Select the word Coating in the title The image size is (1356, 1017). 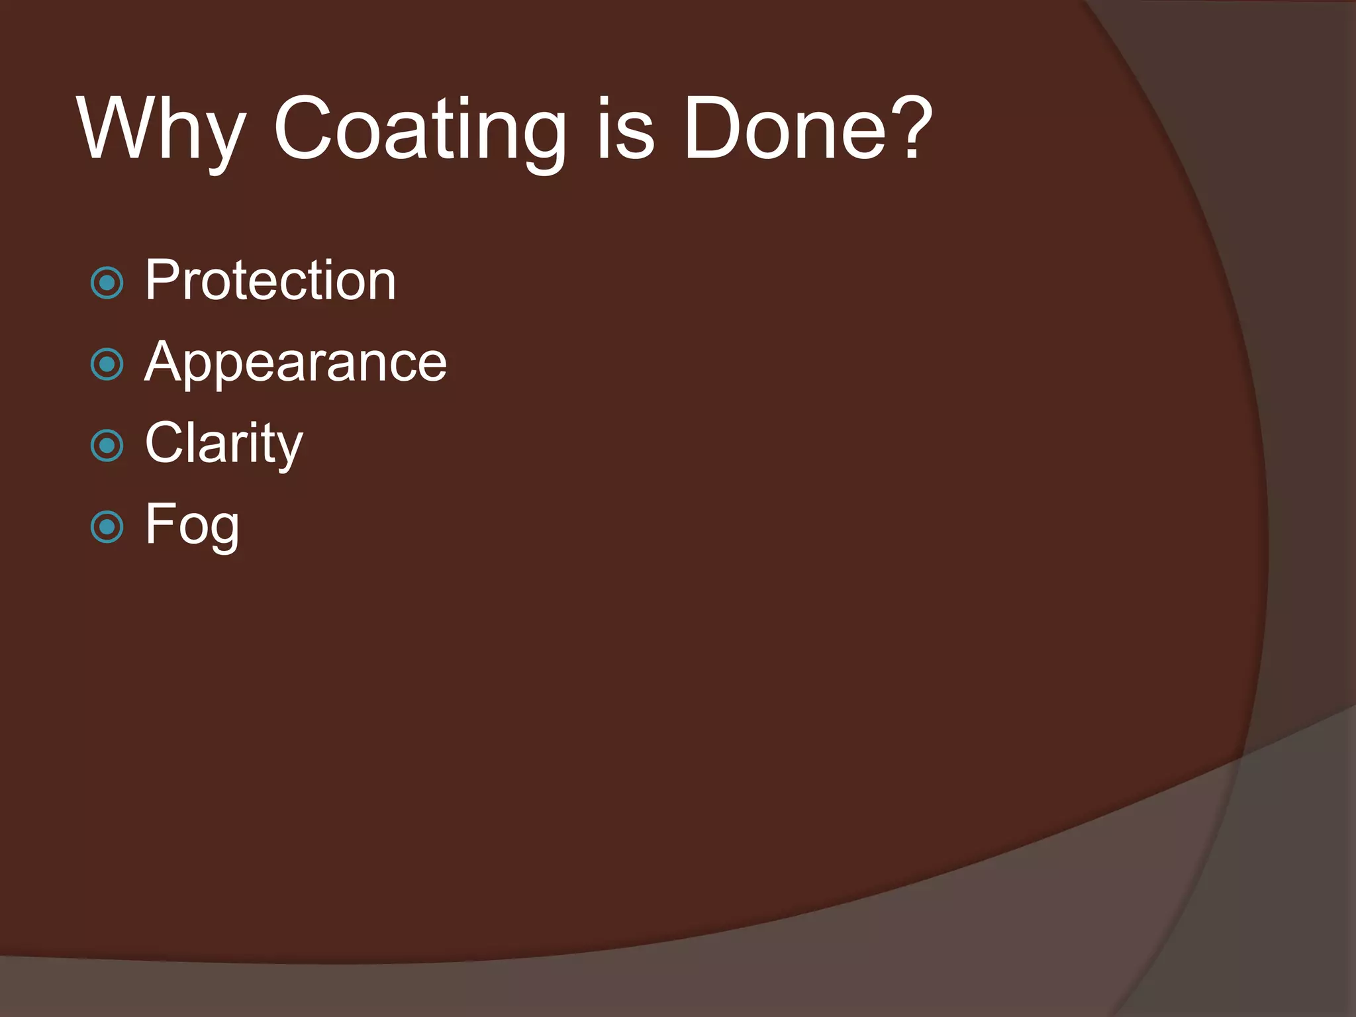[x=420, y=129]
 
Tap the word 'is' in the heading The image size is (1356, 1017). [x=625, y=129]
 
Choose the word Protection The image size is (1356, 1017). [x=270, y=281]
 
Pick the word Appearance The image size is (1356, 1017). [x=295, y=362]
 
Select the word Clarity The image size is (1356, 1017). [x=224, y=444]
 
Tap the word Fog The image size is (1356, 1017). [x=192, y=525]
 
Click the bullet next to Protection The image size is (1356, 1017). [x=107, y=283]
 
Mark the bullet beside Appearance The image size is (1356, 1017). [x=107, y=365]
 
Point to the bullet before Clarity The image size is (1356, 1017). [x=107, y=446]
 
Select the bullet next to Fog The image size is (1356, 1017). [x=107, y=528]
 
